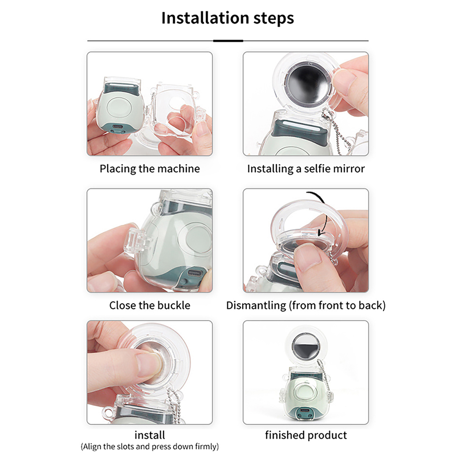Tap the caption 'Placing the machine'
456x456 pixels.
(150, 169)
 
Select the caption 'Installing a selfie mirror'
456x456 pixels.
(306, 169)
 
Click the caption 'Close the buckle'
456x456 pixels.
(150, 305)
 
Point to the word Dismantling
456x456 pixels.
(256, 306)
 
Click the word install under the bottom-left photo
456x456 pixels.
(150, 435)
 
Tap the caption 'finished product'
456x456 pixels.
(306, 435)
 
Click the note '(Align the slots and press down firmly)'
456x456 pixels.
(150, 446)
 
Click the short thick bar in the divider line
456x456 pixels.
(228, 41)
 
